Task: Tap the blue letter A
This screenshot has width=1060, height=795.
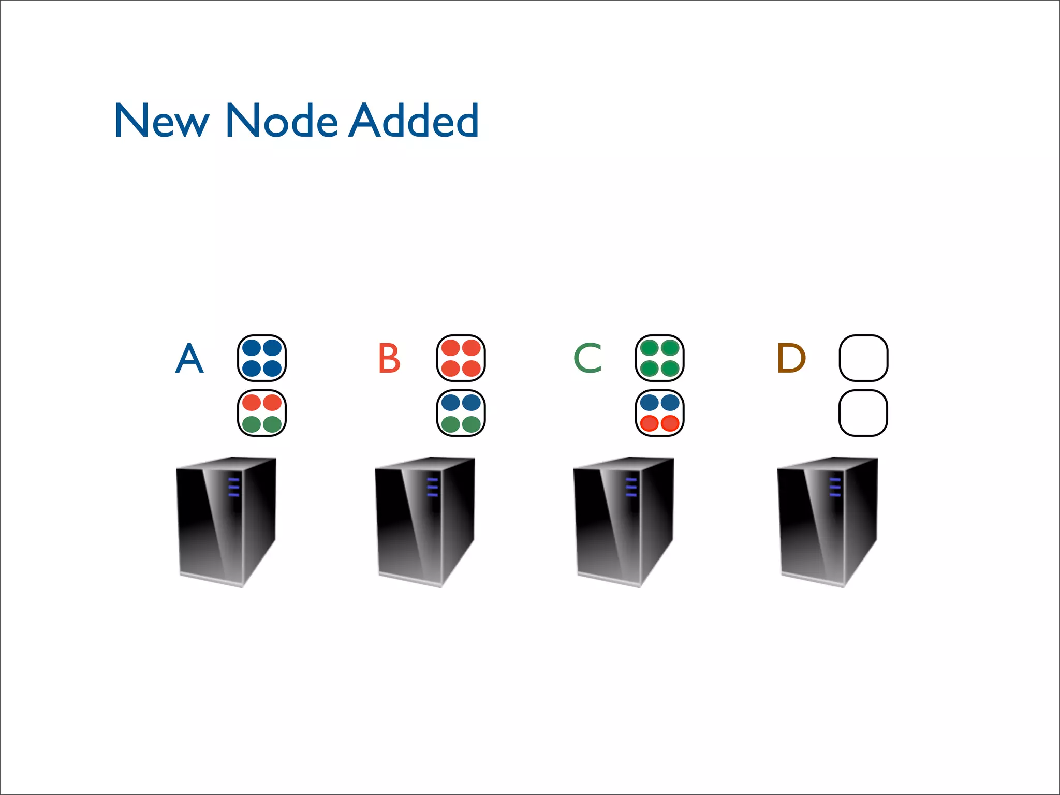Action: point(189,358)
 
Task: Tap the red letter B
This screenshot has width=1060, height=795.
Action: point(389,358)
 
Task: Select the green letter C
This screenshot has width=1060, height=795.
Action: point(588,358)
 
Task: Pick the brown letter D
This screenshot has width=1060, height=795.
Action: point(791,358)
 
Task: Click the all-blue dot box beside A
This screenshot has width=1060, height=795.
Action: point(262,358)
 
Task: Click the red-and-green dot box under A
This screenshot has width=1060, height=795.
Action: point(262,413)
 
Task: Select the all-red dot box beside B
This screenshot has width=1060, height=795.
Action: point(461,358)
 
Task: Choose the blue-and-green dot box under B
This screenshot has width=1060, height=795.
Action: point(461,413)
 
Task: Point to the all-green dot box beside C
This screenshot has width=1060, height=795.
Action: point(660,358)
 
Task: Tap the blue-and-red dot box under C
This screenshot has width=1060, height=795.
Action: point(660,413)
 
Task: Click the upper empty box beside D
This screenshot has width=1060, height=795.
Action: point(863,358)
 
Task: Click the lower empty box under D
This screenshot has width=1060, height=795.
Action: point(863,413)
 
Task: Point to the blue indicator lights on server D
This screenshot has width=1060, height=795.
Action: point(835,488)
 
